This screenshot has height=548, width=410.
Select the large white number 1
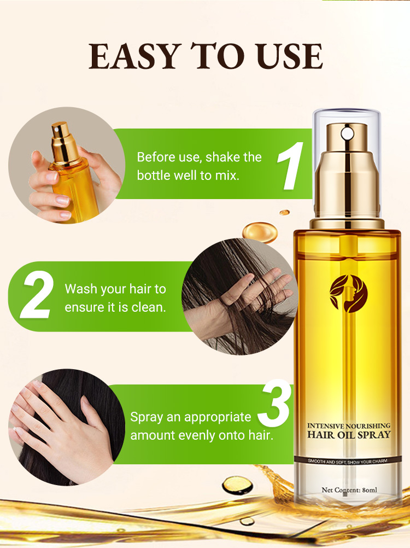(290, 166)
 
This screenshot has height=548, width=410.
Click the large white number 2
(37, 295)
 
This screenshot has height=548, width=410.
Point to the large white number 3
(274, 403)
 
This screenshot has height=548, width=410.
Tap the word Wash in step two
(78, 289)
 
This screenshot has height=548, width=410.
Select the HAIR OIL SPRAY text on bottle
(349, 435)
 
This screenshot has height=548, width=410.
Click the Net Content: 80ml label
(349, 490)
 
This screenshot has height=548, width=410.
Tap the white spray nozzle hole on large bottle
(347, 133)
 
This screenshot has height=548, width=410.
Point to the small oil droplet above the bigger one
(285, 212)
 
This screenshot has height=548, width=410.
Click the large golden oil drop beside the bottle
(260, 231)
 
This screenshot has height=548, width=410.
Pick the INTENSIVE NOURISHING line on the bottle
(349, 425)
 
